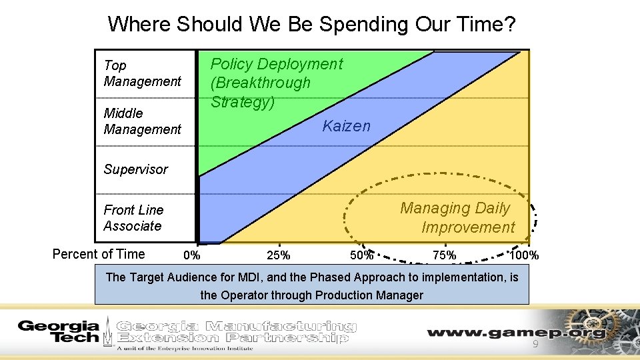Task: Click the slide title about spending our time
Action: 311,25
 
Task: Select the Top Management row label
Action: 142,73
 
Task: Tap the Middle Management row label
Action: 142,121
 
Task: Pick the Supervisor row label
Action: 135,169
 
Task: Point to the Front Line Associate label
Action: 133,218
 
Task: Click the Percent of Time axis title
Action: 98,254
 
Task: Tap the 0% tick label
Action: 191,255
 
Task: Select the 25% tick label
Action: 278,255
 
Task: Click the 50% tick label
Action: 361,255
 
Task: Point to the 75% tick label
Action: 444,255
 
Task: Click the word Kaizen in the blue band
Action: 346,126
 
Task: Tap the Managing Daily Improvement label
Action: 457,218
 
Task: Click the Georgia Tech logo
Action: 59,331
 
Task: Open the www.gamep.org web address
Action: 517,332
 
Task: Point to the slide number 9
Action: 535,344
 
